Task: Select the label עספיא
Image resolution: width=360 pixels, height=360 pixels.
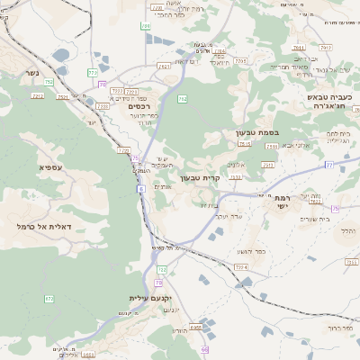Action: click(x=51, y=167)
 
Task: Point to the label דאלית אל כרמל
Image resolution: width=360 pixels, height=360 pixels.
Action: click(x=44, y=226)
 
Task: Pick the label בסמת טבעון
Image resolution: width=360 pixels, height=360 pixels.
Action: click(x=256, y=132)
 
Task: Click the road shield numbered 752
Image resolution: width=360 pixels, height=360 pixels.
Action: click(x=49, y=82)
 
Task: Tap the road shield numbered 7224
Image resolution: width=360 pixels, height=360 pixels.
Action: click(x=241, y=267)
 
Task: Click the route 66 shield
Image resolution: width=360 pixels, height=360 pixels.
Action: click(x=204, y=349)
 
